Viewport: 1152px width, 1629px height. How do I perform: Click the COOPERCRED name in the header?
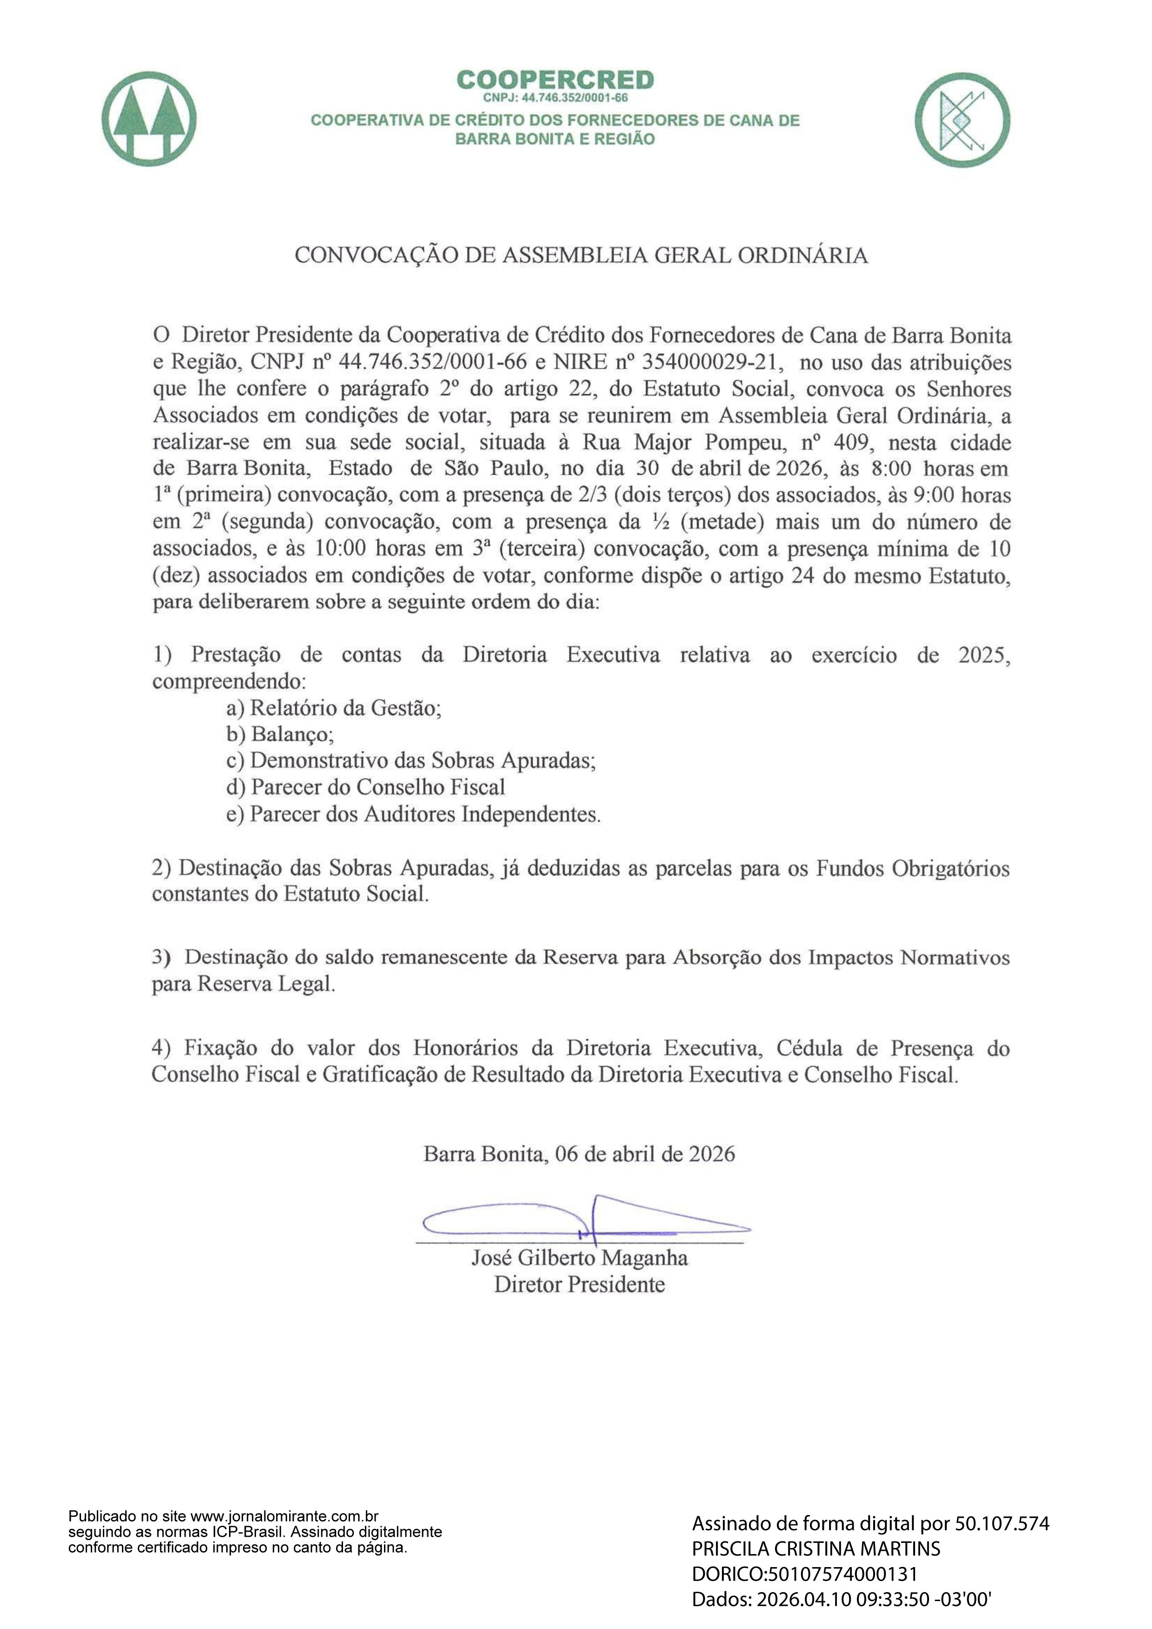tap(555, 80)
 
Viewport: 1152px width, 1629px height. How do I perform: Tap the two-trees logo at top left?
tap(149, 119)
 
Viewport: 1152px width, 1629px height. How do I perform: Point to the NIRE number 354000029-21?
tap(712, 362)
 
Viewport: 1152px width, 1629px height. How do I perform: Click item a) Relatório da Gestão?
tap(333, 707)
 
